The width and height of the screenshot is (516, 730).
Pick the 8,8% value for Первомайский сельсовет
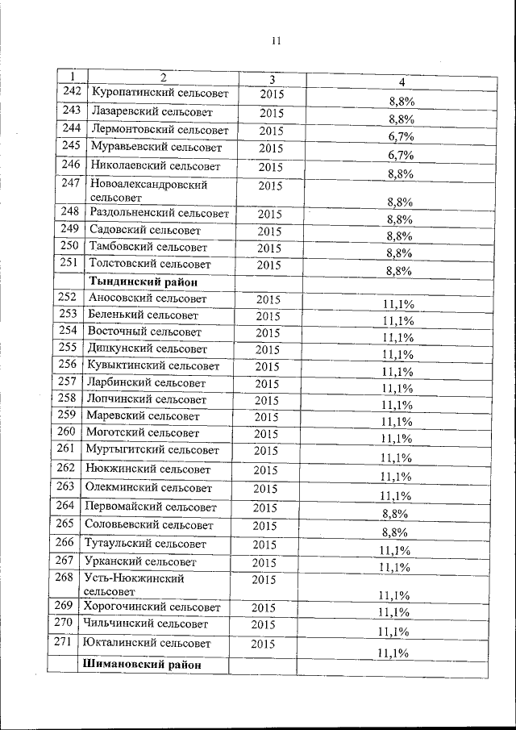coord(394,513)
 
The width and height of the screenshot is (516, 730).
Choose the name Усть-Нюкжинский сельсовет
coord(134,585)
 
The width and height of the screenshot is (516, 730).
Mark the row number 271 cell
coord(64,642)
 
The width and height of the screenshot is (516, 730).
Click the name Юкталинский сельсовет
coord(147,644)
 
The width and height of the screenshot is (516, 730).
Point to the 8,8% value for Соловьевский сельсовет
coord(394,532)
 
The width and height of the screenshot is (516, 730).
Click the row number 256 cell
coord(68,365)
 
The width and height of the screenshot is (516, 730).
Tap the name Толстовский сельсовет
coord(151,264)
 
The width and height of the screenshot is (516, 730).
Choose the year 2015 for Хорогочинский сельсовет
coord(268,607)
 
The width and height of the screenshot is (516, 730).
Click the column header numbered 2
coord(164,77)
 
